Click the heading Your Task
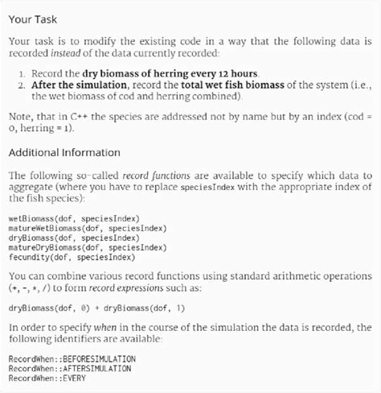[33, 17]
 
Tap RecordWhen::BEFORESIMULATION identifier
[72, 358]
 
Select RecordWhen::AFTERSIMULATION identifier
[69, 367]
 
